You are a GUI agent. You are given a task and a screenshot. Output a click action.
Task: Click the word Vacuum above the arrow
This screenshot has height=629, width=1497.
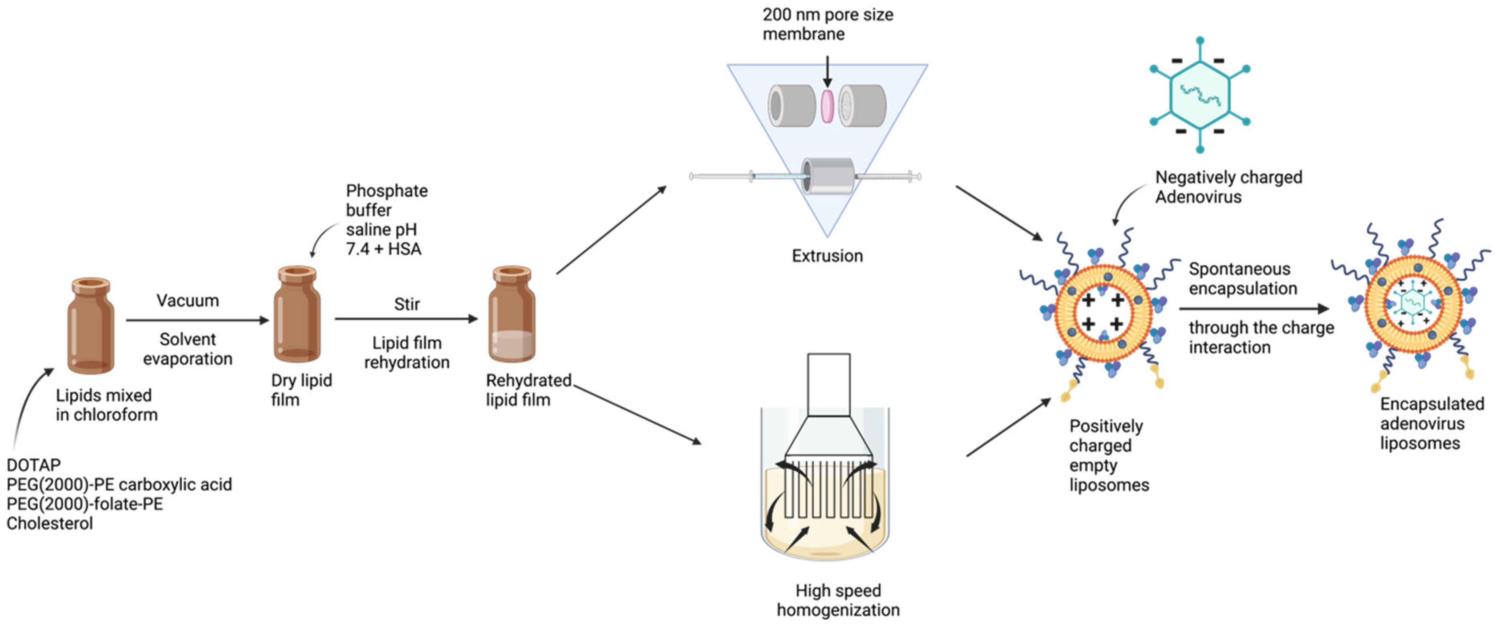(x=188, y=300)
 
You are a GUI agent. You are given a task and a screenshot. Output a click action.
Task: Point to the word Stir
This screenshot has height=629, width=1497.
(x=406, y=304)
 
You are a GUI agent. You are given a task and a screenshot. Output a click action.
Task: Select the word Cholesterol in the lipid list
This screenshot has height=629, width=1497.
(x=49, y=523)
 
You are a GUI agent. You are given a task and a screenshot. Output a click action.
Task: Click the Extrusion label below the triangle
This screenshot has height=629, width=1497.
(x=827, y=256)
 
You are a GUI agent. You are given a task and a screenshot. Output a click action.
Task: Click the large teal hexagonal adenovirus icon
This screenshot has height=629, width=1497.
(x=1200, y=95)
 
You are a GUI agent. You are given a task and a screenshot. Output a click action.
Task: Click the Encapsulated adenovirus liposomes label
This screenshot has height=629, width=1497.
(x=1431, y=423)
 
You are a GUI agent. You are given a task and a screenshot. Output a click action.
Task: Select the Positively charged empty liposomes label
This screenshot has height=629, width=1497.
(x=1108, y=455)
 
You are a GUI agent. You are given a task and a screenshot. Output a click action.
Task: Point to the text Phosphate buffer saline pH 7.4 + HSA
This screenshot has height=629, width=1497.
(x=386, y=220)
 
